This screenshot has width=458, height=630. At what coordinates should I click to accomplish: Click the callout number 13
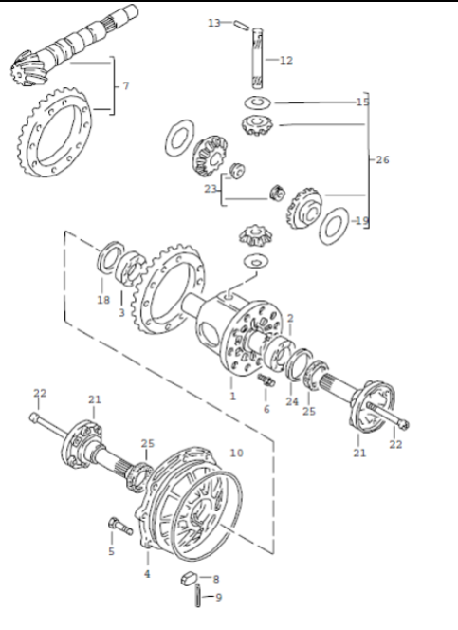(x=214, y=23)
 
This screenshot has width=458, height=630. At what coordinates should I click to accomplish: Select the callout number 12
(x=286, y=61)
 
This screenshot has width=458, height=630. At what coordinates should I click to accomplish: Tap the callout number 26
(x=382, y=160)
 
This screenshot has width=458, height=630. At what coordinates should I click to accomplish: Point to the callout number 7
(x=126, y=86)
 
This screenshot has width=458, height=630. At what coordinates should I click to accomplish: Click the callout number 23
(x=211, y=189)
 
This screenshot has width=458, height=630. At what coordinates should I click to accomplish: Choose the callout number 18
(x=103, y=300)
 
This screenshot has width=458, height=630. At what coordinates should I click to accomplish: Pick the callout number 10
(x=236, y=453)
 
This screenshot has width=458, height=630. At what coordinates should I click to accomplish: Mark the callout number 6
(x=266, y=409)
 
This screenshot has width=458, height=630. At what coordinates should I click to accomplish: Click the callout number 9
(x=218, y=598)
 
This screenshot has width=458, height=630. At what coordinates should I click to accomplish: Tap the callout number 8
(x=216, y=579)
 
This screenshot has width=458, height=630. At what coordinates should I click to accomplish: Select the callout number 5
(x=111, y=551)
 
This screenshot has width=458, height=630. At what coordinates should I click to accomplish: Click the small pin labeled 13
(x=241, y=25)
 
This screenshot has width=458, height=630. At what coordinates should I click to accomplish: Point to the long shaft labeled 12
(x=257, y=58)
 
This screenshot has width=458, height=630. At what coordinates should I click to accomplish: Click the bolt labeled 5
(x=120, y=526)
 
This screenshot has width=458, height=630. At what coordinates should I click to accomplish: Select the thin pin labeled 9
(x=198, y=596)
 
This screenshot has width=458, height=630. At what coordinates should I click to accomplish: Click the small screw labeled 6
(x=266, y=380)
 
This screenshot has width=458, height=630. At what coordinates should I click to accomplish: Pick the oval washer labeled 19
(x=334, y=226)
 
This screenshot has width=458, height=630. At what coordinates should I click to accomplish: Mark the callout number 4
(x=147, y=574)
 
